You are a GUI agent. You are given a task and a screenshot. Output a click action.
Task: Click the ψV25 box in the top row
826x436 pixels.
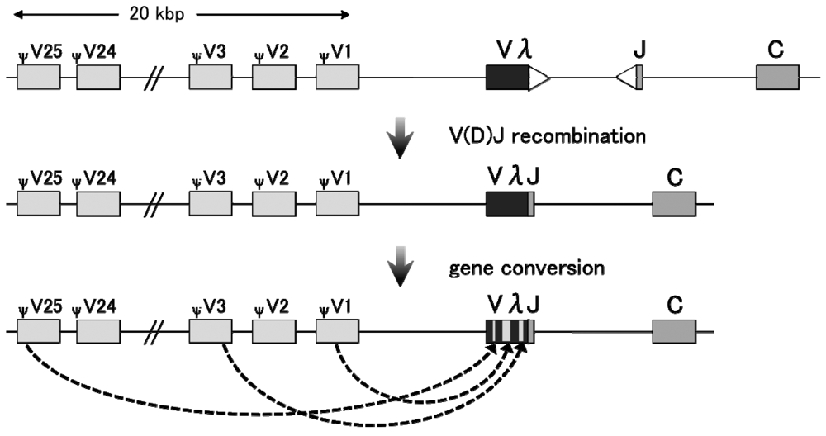[x=38, y=78]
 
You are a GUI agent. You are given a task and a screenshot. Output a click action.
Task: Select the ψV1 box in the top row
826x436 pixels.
[x=337, y=78]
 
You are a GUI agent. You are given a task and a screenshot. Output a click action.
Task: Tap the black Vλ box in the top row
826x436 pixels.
[x=506, y=78]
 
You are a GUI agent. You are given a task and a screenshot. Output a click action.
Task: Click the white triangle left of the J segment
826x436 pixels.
[x=627, y=78]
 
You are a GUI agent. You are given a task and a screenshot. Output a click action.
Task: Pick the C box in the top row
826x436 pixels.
[x=777, y=78]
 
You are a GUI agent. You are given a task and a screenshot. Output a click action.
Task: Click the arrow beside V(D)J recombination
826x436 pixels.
[x=400, y=138]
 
